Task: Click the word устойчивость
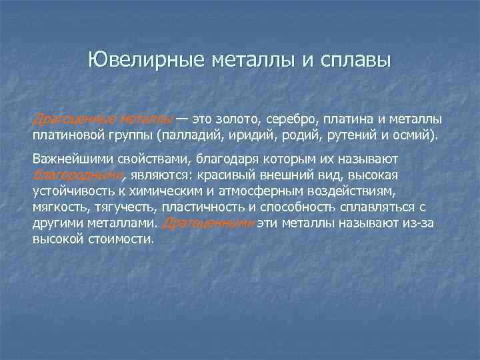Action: tap(73, 191)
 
